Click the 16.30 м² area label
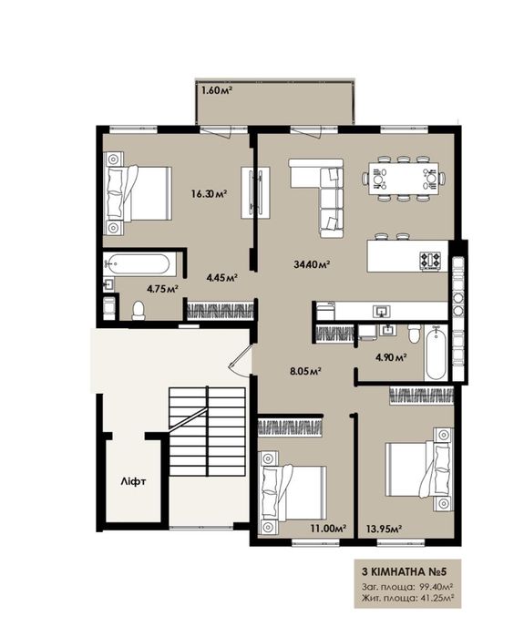209,193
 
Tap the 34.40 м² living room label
311,264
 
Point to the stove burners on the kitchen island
429,261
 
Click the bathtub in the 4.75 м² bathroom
137,266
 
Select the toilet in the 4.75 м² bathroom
139,311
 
